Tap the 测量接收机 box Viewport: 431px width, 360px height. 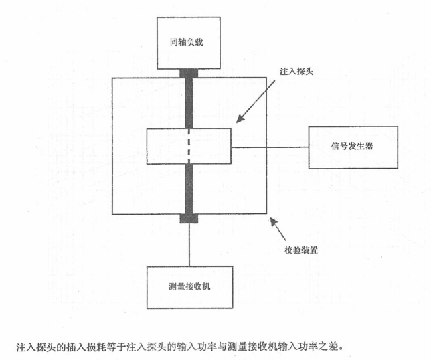tap(190, 286)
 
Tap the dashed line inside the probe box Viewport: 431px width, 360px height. tap(189, 147)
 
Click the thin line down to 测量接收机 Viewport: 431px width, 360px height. tap(189, 244)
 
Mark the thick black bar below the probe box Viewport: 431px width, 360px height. tap(189, 191)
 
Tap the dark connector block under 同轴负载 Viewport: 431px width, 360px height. tap(189, 73)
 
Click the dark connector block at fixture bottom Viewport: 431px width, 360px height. tap(189, 219)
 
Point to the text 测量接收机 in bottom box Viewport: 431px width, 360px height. tap(190, 286)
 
